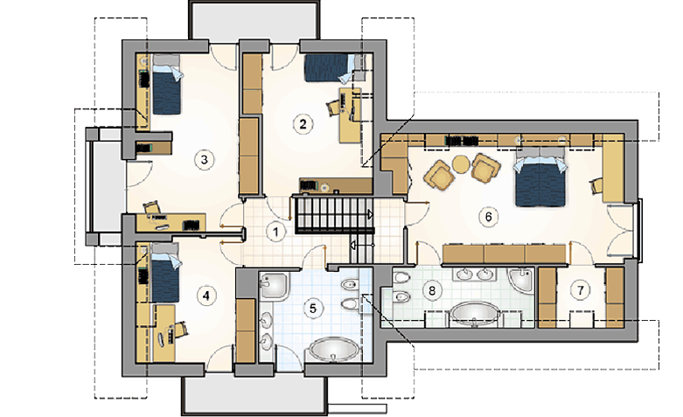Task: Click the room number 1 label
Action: point(275,232)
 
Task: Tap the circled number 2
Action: point(303,124)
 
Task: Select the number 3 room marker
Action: point(205,160)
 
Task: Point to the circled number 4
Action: point(206,296)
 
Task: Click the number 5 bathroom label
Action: point(313,309)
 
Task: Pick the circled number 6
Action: point(488,216)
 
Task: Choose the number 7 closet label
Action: point(580,290)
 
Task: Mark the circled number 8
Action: point(432,290)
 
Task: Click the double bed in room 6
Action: point(540,177)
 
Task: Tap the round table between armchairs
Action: point(462,163)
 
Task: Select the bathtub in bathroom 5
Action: point(334,350)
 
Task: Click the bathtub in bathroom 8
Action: point(475,314)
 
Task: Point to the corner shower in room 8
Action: point(521,281)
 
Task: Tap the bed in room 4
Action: point(165,273)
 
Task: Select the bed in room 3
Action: point(166,85)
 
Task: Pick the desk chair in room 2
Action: point(333,107)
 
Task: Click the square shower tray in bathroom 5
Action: point(275,286)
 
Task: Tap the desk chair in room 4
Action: point(181,329)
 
